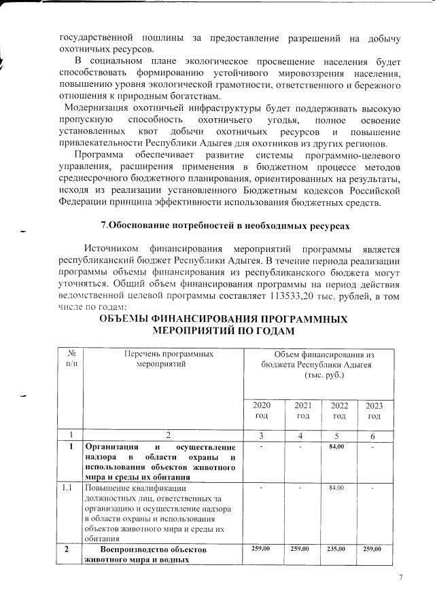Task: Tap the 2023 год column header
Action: (x=374, y=410)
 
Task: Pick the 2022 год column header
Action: (x=339, y=410)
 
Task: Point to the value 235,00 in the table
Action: (x=336, y=548)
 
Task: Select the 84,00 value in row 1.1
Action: (x=336, y=488)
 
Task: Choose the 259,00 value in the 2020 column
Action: (x=262, y=548)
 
